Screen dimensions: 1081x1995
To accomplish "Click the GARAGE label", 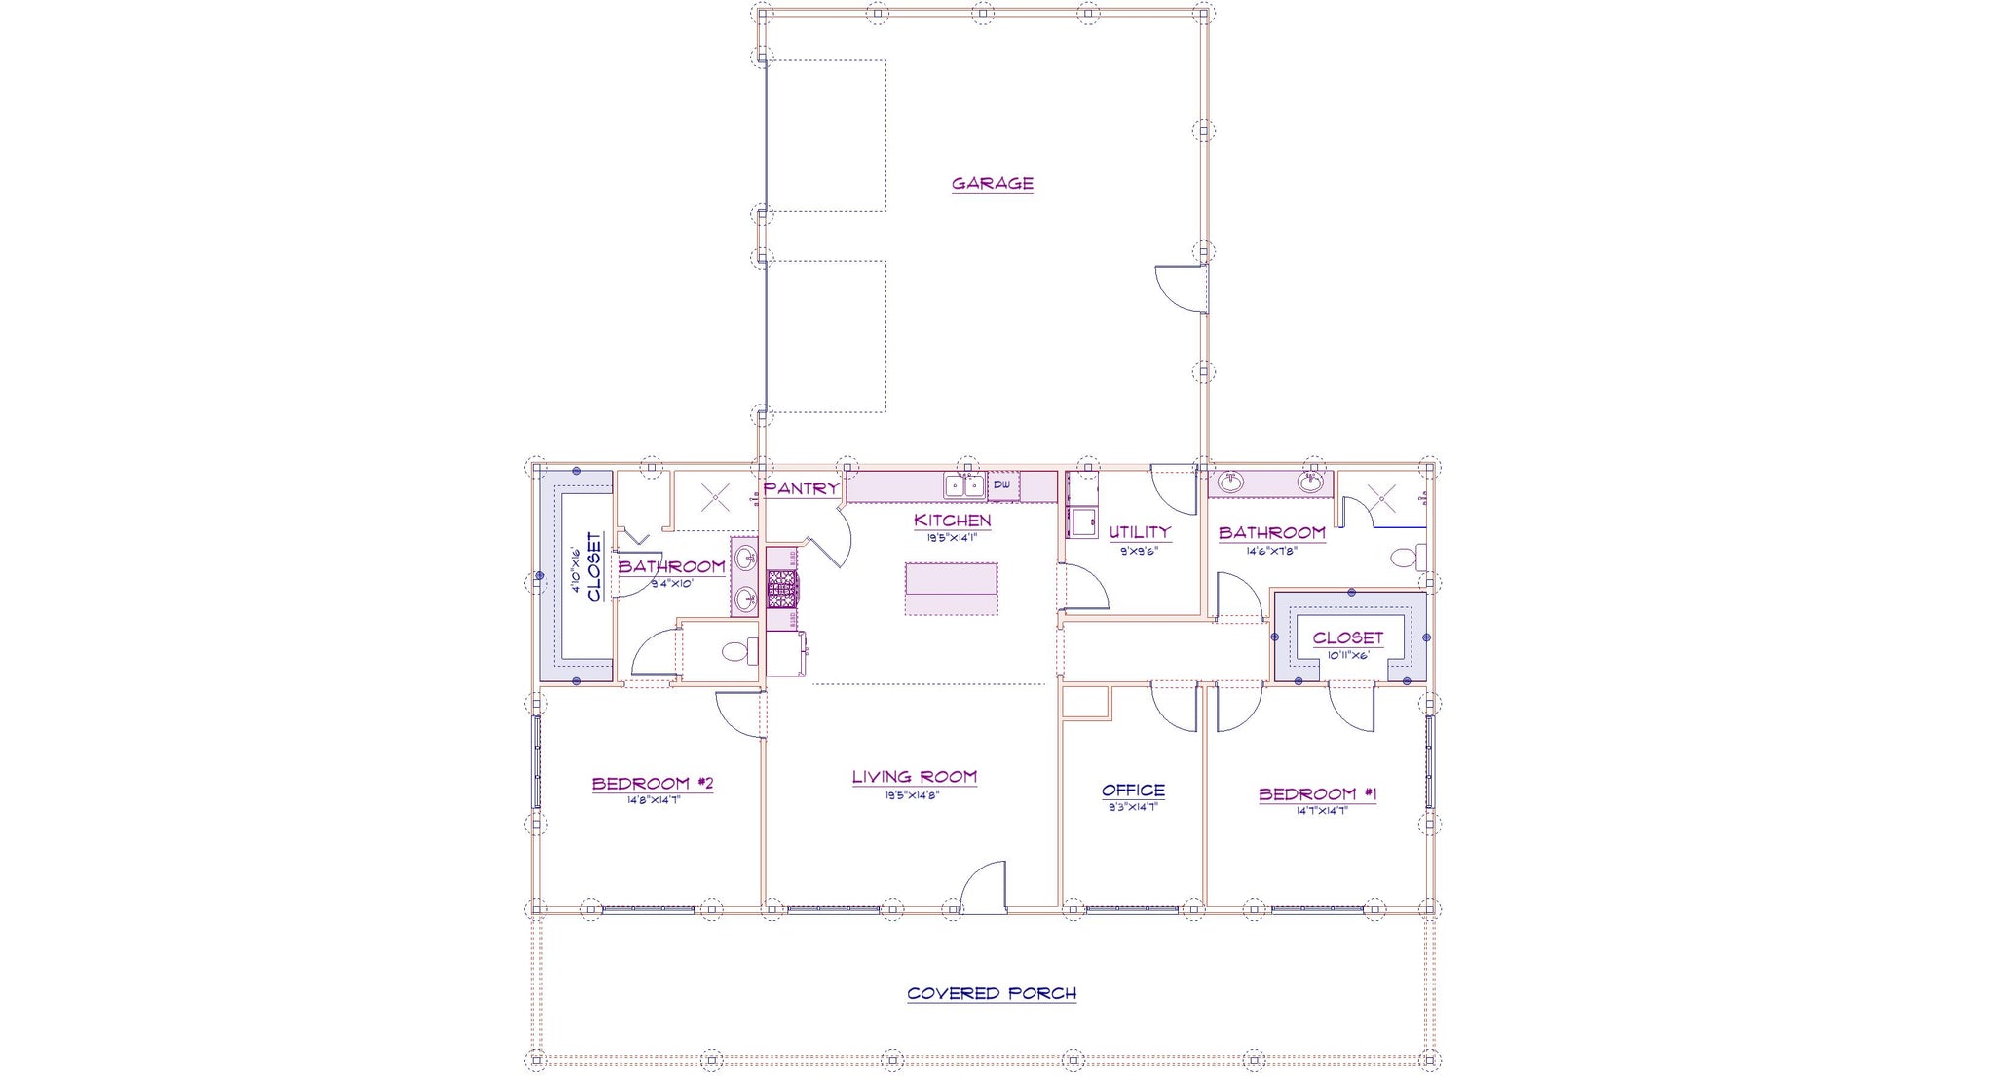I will [x=992, y=183].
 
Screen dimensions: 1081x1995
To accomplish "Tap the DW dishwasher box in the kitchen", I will [x=1002, y=484].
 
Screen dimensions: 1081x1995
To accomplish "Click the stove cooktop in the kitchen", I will [x=781, y=589].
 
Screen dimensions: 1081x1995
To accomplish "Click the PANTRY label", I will [x=801, y=488].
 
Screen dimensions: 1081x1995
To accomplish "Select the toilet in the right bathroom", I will [x=1406, y=559].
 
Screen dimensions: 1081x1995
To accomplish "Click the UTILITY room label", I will [x=1139, y=532].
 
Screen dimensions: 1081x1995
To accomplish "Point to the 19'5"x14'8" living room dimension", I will [x=913, y=795].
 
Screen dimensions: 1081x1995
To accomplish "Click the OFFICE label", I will [x=1133, y=791].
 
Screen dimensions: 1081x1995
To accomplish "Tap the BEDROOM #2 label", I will [x=653, y=783].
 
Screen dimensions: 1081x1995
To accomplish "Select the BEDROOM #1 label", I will [x=1317, y=793].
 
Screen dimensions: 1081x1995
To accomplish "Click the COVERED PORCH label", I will [x=992, y=993].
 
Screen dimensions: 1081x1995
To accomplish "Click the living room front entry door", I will [x=984, y=889].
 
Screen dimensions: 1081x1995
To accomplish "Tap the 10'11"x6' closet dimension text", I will [x=1347, y=655].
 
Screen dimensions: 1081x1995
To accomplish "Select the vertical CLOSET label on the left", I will [x=594, y=566].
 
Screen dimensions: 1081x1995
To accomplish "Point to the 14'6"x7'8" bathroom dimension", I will [x=1271, y=551].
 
